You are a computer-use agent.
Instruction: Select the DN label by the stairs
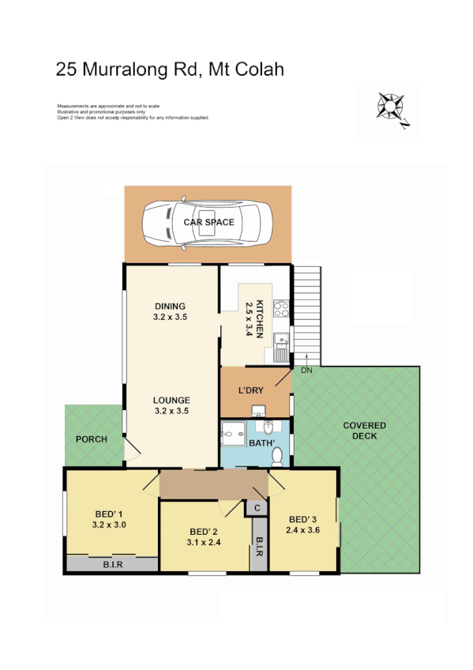306,370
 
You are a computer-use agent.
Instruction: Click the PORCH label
91,439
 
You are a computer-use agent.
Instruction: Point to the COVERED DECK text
364,431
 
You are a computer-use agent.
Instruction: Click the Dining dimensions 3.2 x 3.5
170,317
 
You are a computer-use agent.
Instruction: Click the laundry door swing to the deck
285,382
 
